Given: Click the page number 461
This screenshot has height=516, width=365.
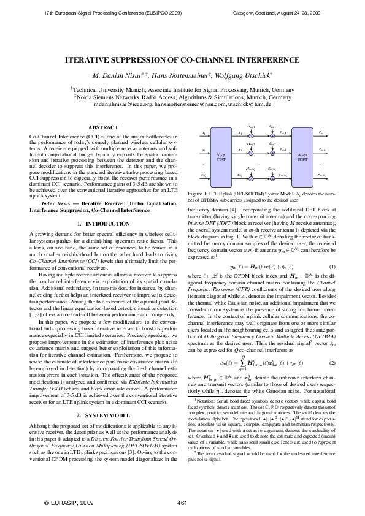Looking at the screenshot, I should (182, 503).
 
